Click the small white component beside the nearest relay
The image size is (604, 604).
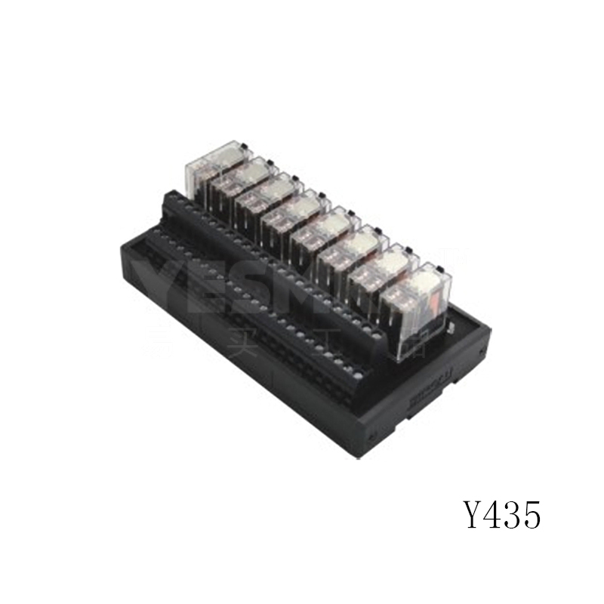click(x=451, y=327)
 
